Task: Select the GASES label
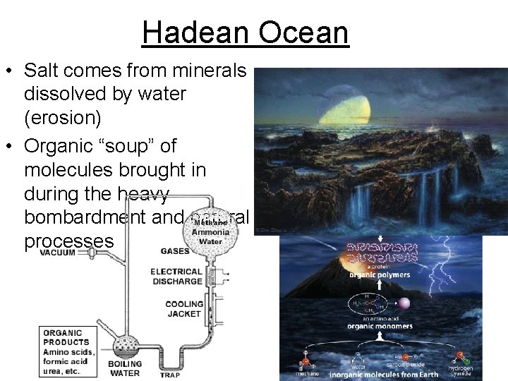click(x=174, y=251)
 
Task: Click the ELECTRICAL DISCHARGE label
click(x=176, y=276)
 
